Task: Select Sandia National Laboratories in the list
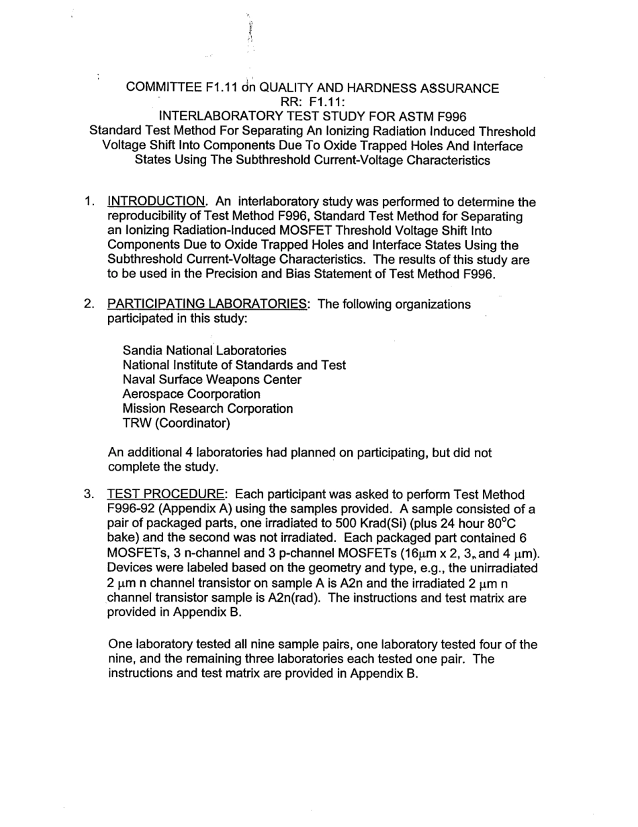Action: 204,350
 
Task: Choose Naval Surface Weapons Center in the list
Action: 212,379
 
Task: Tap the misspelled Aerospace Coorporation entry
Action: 191,394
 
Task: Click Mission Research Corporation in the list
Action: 208,409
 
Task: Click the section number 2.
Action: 89,304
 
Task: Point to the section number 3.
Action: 89,495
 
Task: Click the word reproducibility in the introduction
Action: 148,216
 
